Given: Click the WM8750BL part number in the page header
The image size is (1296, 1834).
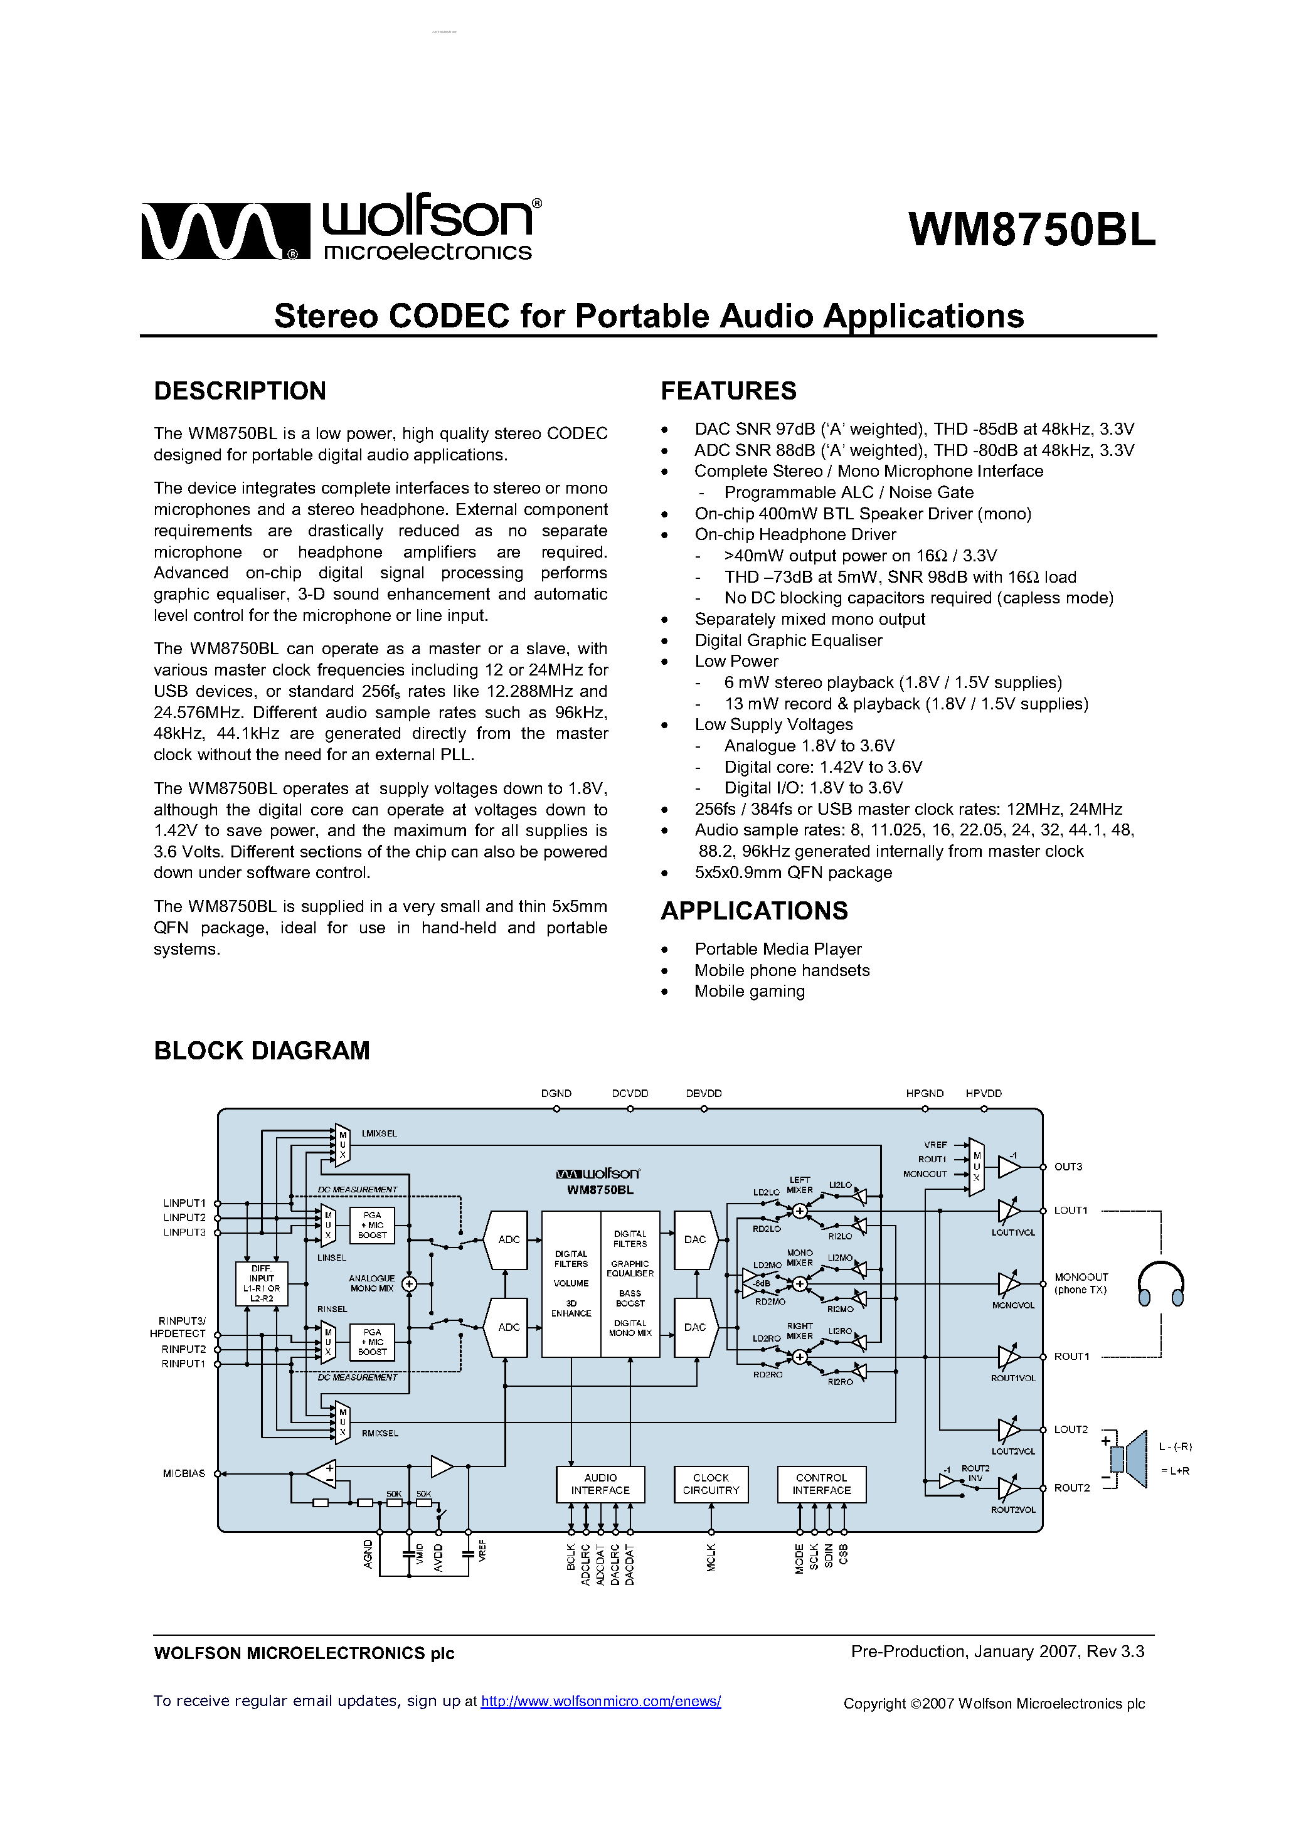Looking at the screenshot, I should pyautogui.click(x=1031, y=231).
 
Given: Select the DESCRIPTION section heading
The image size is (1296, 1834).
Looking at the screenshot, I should pyautogui.click(x=240, y=391).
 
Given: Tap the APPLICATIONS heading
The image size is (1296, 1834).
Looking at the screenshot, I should pyautogui.click(x=753, y=911).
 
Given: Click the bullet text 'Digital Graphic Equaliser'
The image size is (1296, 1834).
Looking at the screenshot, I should pyautogui.click(x=788, y=640).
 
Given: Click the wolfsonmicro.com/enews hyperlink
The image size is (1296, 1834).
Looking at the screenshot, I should pyautogui.click(x=600, y=1702).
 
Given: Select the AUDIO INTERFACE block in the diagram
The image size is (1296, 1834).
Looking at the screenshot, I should pyautogui.click(x=600, y=1484).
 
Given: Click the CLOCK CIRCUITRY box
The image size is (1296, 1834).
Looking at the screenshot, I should pyautogui.click(x=710, y=1484).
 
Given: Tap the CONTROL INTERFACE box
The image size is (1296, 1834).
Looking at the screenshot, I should pyautogui.click(x=821, y=1484).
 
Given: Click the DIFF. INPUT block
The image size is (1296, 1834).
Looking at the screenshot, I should pyautogui.click(x=262, y=1284).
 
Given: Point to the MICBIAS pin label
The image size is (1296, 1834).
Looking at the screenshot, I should pyautogui.click(x=184, y=1473).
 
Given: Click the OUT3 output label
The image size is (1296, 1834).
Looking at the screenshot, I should pyautogui.click(x=1068, y=1167).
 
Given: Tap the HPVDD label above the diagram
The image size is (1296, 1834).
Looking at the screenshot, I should pyautogui.click(x=983, y=1093).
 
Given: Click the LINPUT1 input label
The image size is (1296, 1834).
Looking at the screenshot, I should pyautogui.click(x=184, y=1203).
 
